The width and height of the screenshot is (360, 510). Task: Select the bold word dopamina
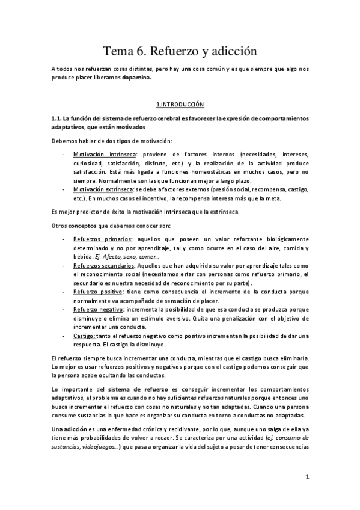click(136, 78)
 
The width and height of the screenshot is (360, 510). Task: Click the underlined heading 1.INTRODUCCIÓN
click(180, 104)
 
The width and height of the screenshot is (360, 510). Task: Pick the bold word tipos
click(124, 140)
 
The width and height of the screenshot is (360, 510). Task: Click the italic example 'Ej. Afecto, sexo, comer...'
click(123, 256)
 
